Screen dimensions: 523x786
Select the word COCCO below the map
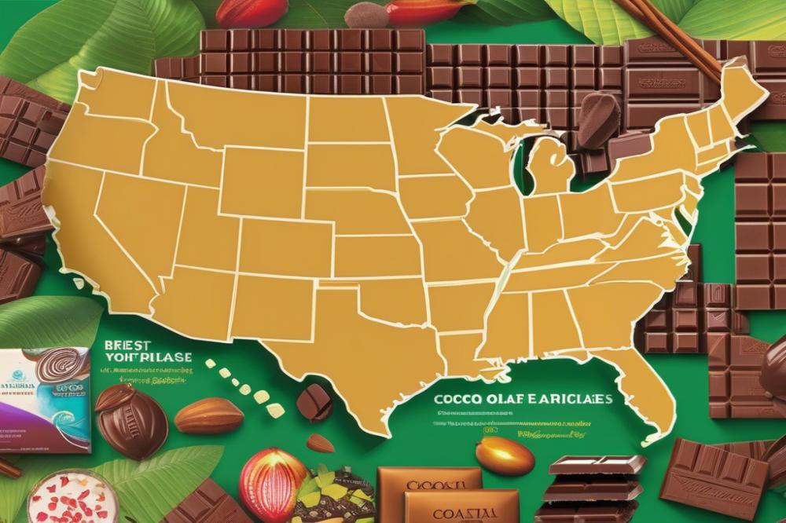coord(455,399)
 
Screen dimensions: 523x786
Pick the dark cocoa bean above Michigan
coord(599,120)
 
